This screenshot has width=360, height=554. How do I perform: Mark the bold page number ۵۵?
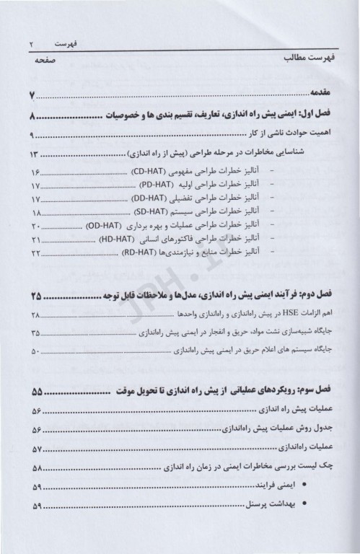pos(38,392)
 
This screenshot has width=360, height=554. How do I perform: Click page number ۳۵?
pos(36,333)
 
